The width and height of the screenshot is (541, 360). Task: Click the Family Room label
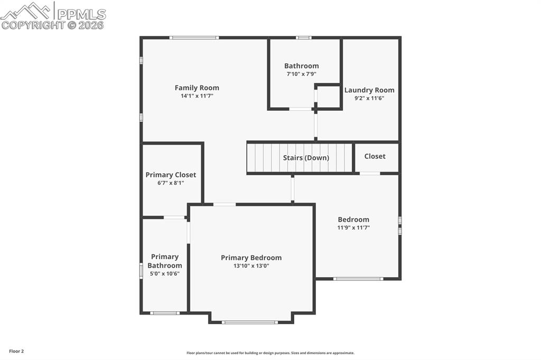pyautogui.click(x=197, y=88)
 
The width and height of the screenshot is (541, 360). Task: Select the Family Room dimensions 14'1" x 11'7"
pyautogui.click(x=197, y=96)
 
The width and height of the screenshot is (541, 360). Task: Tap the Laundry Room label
pyautogui.click(x=369, y=90)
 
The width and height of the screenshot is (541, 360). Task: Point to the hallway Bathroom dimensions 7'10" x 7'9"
pyautogui.click(x=301, y=74)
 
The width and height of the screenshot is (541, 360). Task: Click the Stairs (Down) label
pyautogui.click(x=306, y=158)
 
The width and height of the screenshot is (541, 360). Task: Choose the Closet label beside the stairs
pyautogui.click(x=375, y=156)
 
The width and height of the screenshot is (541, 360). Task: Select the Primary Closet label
pyautogui.click(x=171, y=175)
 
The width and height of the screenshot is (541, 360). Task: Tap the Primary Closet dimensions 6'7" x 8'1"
pyautogui.click(x=171, y=183)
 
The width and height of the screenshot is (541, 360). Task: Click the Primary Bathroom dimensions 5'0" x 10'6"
pyautogui.click(x=164, y=273)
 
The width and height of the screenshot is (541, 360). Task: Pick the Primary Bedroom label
pyautogui.click(x=251, y=258)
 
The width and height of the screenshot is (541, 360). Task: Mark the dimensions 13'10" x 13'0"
pyautogui.click(x=251, y=266)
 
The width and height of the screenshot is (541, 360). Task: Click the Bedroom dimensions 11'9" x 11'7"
pyautogui.click(x=353, y=228)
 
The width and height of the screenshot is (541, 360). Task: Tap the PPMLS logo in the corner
pyautogui.click(x=53, y=15)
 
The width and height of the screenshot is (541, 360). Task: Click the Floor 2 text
pyautogui.click(x=16, y=351)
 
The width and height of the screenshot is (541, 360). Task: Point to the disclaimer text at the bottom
pyautogui.click(x=270, y=353)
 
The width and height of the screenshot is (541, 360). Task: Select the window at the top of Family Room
pyautogui.click(x=194, y=37)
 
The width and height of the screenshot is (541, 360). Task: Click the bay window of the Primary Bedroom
pyautogui.click(x=249, y=322)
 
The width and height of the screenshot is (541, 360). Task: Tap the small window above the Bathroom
pyautogui.click(x=303, y=37)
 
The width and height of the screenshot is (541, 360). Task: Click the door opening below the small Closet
pyautogui.click(x=370, y=173)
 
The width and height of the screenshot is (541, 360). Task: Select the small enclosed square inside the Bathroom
pyautogui.click(x=328, y=97)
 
